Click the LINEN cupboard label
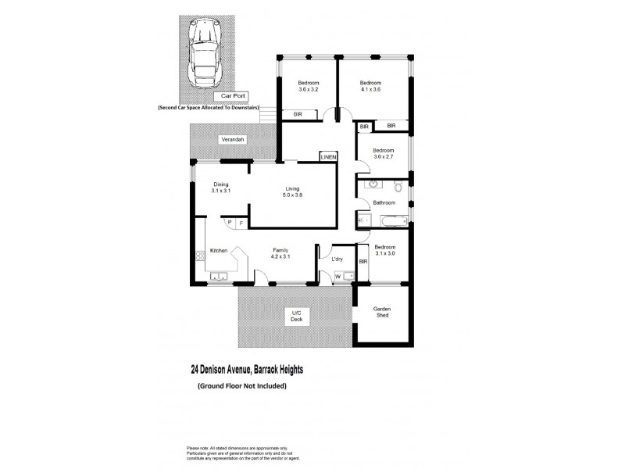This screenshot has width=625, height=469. click(x=328, y=157)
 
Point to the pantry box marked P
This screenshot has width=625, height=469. click(x=230, y=223)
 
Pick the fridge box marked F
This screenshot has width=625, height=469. click(x=241, y=223)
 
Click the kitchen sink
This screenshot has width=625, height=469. click(x=218, y=276)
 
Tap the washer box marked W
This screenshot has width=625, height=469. click(x=337, y=275)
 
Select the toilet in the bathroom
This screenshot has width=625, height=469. click(x=398, y=187)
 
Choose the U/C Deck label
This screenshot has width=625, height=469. click(x=296, y=317)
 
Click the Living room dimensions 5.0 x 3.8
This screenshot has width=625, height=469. click(x=294, y=196)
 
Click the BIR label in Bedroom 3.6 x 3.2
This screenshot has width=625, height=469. click(x=298, y=115)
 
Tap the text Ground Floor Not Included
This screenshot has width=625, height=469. click(x=242, y=386)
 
